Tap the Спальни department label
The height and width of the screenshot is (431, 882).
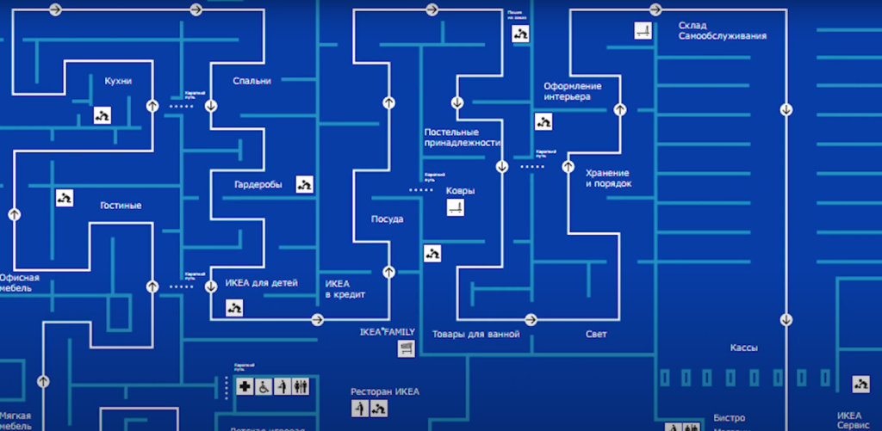click(252, 81)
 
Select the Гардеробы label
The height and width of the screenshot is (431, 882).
click(258, 184)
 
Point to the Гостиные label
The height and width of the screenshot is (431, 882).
click(120, 206)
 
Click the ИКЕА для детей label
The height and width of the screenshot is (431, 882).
click(261, 282)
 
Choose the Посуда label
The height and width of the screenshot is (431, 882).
click(387, 219)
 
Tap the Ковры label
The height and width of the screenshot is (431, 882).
click(460, 191)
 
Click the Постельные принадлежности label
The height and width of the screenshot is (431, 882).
click(462, 138)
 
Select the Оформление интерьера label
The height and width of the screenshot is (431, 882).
click(572, 91)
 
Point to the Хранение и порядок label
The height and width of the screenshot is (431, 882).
click(608, 178)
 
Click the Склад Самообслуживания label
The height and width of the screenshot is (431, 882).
click(722, 30)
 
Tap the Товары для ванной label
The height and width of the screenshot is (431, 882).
click(475, 334)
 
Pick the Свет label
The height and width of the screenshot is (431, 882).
click(596, 334)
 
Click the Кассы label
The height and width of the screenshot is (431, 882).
click(743, 348)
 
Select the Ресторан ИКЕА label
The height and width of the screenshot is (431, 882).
click(384, 391)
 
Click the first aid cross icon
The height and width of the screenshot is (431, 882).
click(246, 387)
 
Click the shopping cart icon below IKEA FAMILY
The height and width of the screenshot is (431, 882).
click(406, 348)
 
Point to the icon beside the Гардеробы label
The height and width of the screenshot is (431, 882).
click(304, 184)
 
